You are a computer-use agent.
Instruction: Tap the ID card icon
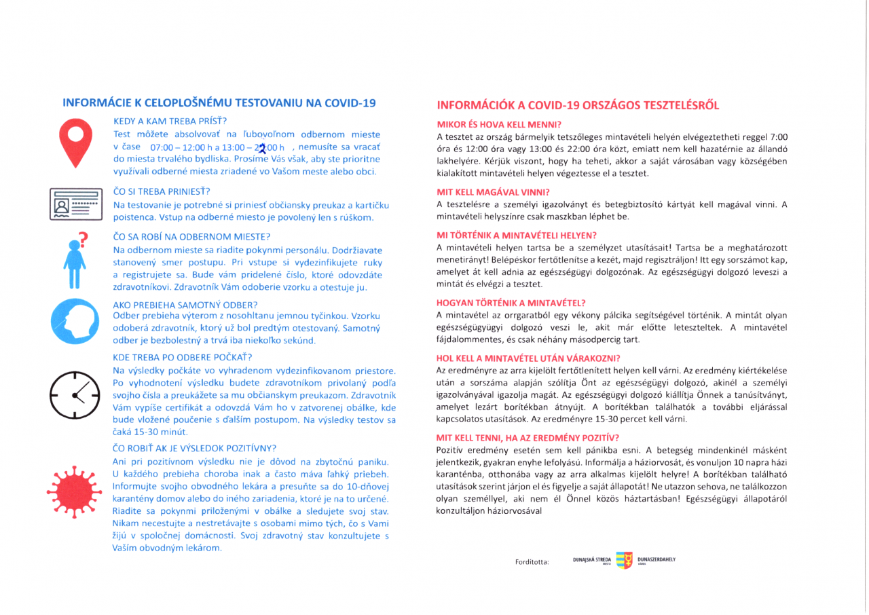75,204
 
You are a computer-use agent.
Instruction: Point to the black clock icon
73,395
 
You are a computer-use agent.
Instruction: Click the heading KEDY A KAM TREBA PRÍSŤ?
170,121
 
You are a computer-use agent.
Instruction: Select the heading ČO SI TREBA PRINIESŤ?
162,191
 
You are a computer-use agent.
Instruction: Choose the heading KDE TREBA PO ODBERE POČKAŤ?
183,357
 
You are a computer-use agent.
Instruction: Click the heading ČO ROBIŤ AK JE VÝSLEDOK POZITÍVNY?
195,449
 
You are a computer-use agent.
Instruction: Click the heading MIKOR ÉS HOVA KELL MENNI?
499,124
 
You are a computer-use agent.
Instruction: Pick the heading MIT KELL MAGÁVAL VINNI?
493,191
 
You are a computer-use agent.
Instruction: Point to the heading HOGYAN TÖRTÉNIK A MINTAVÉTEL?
511,303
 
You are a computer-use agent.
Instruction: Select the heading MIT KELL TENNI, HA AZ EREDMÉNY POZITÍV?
528,437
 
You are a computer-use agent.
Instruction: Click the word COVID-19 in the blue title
350,103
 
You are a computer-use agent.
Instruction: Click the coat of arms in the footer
625,560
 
